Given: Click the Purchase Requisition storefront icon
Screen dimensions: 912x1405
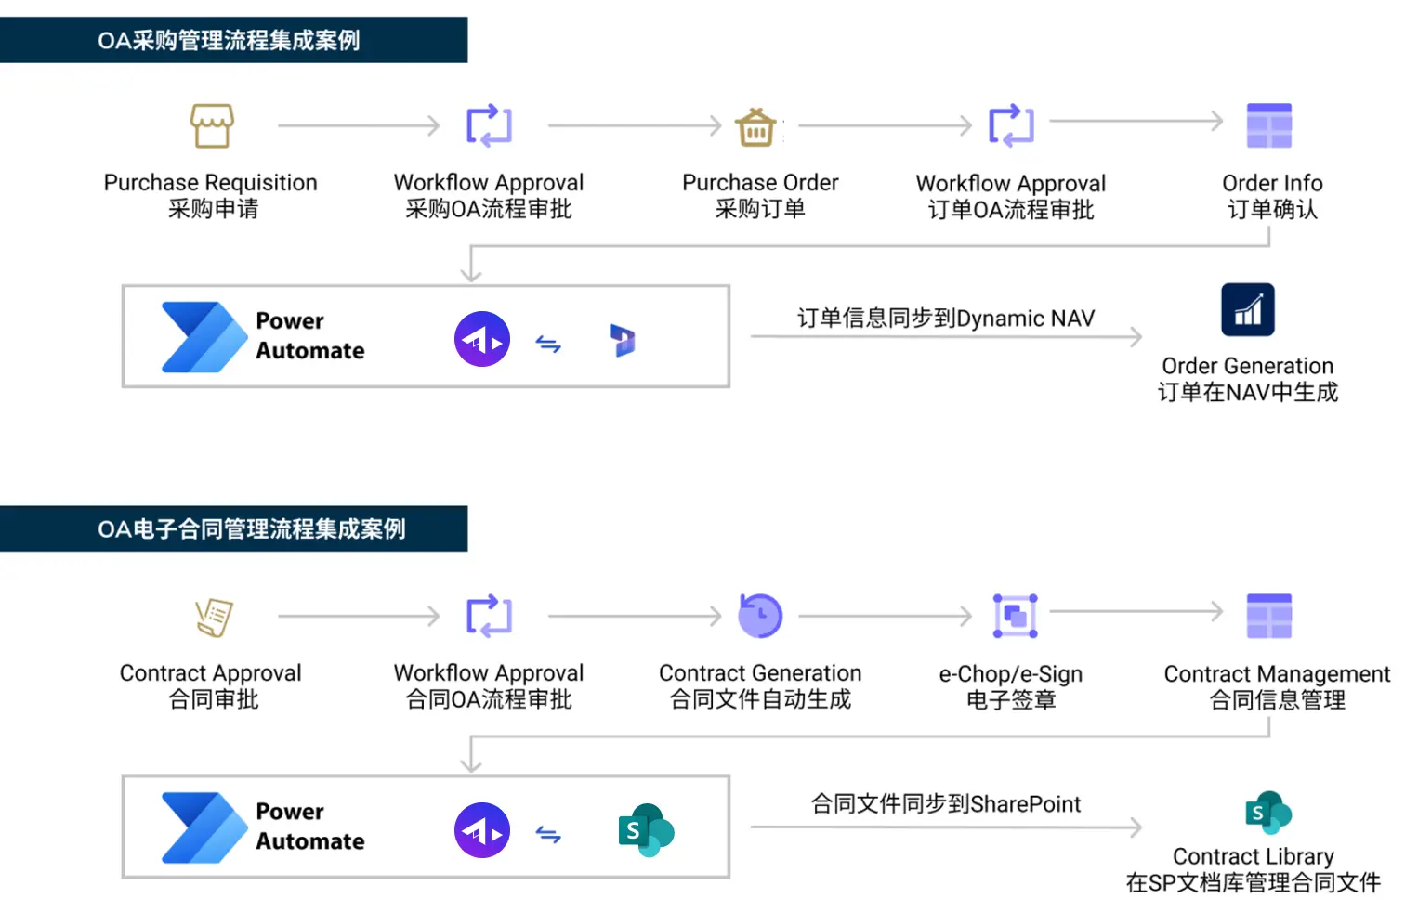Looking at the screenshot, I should click(x=212, y=125).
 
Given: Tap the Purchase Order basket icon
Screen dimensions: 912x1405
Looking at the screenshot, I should click(x=756, y=126).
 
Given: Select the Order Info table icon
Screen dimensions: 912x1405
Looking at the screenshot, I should click(x=1269, y=125).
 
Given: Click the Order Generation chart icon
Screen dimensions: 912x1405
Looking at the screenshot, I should click(x=1247, y=310).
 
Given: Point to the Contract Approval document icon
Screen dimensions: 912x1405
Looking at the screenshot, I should click(x=214, y=617).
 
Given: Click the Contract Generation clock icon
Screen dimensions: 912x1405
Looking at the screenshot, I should click(x=760, y=616).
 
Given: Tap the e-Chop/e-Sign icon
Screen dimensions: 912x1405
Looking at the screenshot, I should click(x=1015, y=616).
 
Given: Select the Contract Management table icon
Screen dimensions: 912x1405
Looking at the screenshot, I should click(x=1269, y=616).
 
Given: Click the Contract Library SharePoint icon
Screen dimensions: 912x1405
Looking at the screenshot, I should click(x=1268, y=814).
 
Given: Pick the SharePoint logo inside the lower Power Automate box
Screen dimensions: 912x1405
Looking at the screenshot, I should click(x=646, y=830).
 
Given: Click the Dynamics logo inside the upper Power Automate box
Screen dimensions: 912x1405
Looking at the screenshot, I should click(x=622, y=341).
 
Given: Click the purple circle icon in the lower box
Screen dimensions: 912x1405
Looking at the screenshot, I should click(x=482, y=830).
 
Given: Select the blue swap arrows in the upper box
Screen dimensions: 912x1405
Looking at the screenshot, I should click(x=548, y=345).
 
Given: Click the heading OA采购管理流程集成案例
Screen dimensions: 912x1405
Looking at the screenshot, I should click(x=229, y=41).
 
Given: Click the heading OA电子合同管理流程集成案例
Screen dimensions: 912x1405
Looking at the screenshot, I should click(x=252, y=529).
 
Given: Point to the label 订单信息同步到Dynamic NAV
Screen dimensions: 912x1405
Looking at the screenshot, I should click(x=945, y=319).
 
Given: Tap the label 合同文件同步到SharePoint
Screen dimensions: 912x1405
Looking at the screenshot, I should click(x=945, y=804).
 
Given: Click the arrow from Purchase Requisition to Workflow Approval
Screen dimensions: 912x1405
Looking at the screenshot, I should click(x=359, y=125).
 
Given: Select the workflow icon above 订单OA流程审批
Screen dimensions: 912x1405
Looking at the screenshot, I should click(x=1011, y=125).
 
